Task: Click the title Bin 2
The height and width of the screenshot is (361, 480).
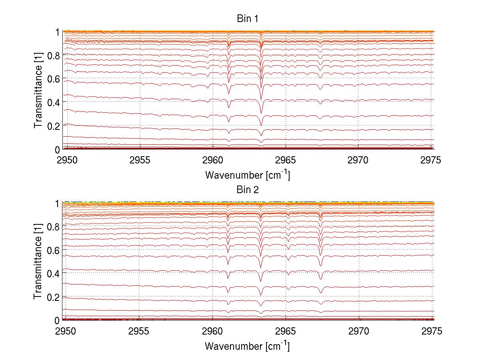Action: [248, 190]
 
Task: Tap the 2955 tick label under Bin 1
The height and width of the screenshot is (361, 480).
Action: [139, 160]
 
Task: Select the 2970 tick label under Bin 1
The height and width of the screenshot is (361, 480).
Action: [358, 160]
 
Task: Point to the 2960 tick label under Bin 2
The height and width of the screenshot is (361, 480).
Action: [212, 331]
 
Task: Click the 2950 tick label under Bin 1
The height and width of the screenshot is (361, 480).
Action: [66, 160]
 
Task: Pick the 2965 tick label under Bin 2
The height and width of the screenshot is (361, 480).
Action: [286, 331]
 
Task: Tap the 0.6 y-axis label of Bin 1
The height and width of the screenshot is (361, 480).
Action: [54, 79]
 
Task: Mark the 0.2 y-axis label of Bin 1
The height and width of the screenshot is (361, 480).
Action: [54, 126]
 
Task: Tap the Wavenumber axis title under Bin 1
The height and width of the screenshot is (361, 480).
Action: [248, 175]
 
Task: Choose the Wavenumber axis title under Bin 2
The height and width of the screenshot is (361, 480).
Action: [248, 346]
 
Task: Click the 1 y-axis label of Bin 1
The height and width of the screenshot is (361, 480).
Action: [58, 32]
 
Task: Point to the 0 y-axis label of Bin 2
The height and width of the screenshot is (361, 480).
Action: [58, 321]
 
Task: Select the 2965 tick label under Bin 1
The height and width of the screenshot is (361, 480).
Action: [286, 160]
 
